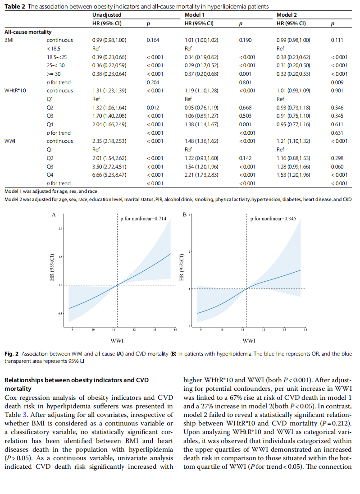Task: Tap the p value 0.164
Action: (x=153, y=40)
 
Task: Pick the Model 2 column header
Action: (x=287, y=15)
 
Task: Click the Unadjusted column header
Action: (x=107, y=15)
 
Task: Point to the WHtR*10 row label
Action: (x=15, y=91)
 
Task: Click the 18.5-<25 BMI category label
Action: (x=57, y=57)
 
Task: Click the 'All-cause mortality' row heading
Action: (x=28, y=32)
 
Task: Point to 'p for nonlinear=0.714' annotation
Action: (x=143, y=218)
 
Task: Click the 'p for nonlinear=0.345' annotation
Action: (x=273, y=218)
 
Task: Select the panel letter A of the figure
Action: (x=54, y=215)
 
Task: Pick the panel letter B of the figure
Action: (x=185, y=215)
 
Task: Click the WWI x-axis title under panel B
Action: (x=249, y=341)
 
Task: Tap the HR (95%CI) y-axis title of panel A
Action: (x=52, y=267)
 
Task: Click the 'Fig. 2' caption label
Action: (x=11, y=354)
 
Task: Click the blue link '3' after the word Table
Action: (x=25, y=415)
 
